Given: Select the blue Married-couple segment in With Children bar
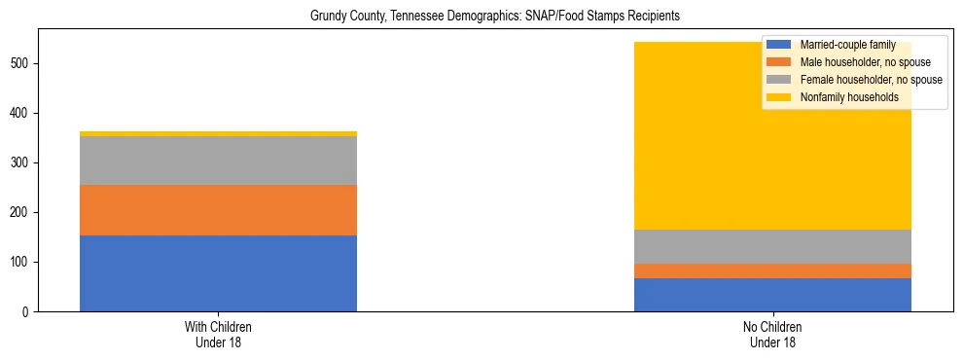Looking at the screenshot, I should point(218,273).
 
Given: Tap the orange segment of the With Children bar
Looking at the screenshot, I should point(218,210).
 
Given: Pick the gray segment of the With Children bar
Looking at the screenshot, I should point(218,161).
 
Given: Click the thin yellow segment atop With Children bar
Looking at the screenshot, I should point(218,134).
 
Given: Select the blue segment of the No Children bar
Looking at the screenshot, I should point(772,295).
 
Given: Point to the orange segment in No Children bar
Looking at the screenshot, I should point(772,271).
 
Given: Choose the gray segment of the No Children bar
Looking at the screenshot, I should point(772,247).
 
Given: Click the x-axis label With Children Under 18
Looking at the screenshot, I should point(218,334).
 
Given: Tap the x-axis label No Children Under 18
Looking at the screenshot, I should point(772,334).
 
